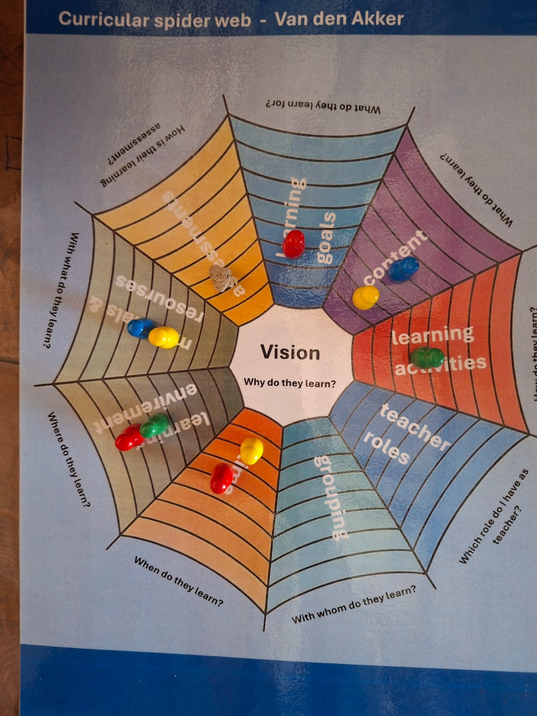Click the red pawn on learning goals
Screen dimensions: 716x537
[293, 244]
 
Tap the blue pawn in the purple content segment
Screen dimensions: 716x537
[403, 269]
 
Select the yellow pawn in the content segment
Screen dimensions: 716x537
[366, 298]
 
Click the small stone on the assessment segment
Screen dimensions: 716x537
[220, 277]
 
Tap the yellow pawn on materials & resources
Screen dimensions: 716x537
[163, 337]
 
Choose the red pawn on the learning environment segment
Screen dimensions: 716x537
[129, 438]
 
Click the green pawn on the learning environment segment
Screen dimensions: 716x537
[154, 425]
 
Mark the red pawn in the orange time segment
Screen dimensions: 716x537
[221, 478]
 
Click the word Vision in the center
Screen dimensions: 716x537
[290, 353]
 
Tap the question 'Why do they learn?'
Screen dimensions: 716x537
[290, 384]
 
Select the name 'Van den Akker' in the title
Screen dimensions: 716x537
[339, 19]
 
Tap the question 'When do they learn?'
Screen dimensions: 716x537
[179, 581]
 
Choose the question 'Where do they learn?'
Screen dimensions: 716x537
[68, 459]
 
